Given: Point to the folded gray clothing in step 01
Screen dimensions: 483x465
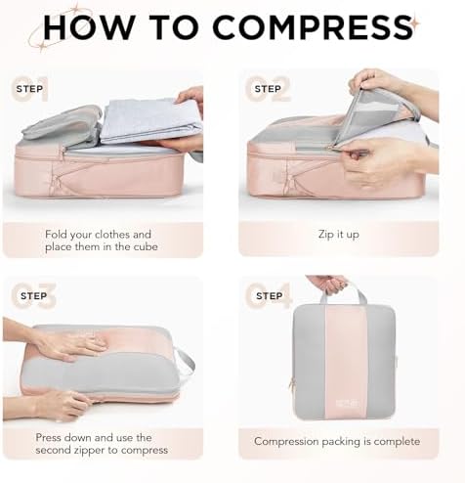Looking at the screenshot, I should pyautogui.click(x=147, y=119).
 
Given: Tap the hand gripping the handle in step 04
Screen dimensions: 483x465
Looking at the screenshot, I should pyautogui.click(x=327, y=285).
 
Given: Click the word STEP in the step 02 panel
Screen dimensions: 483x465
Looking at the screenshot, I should pyautogui.click(x=268, y=89).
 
